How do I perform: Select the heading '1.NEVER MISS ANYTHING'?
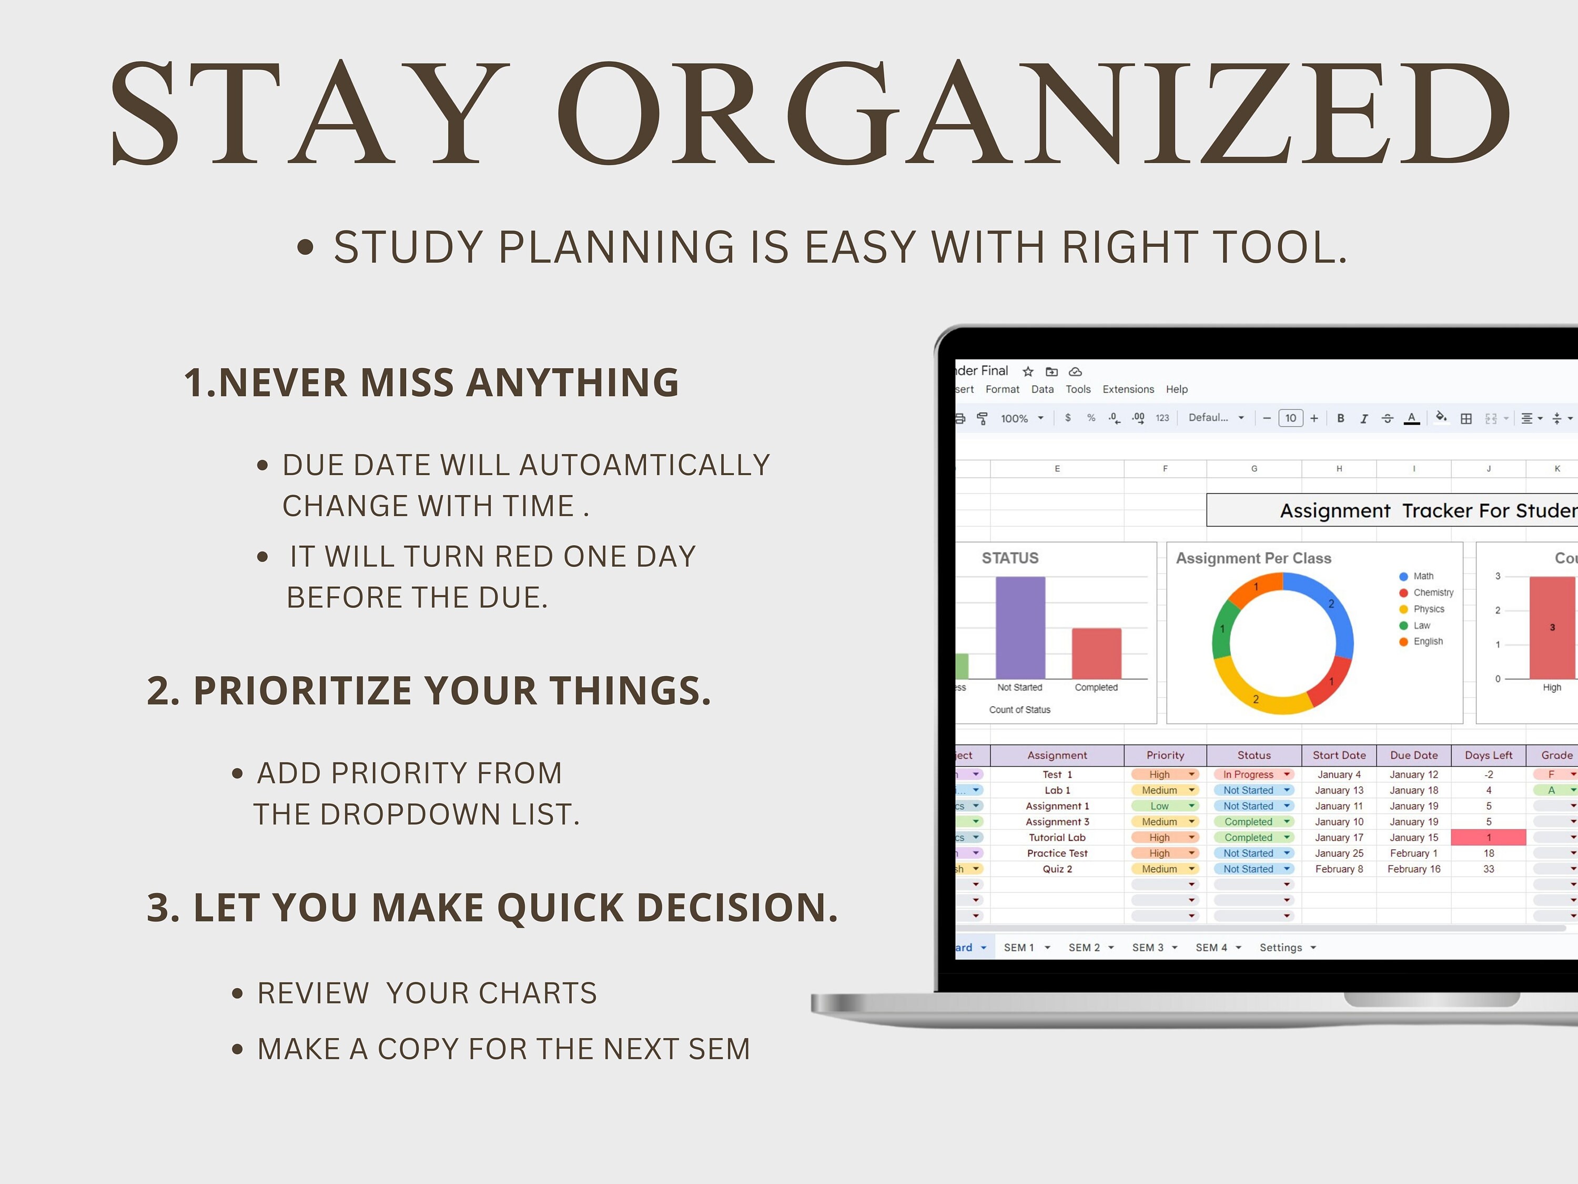coord(432,383)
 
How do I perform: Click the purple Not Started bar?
coord(1020,628)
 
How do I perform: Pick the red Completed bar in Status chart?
coord(1097,654)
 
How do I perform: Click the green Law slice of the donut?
coord(1222,628)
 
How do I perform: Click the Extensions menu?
coord(1128,389)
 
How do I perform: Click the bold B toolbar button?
coord(1340,418)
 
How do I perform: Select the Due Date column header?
coord(1414,755)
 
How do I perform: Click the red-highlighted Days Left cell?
coord(1489,837)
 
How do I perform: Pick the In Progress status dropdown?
coord(1253,775)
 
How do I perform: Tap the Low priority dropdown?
coord(1164,806)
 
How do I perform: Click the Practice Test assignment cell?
coord(1057,853)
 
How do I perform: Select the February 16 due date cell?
coord(1414,869)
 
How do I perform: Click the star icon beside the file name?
coord(1028,371)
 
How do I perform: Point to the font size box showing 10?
coord(1290,418)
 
